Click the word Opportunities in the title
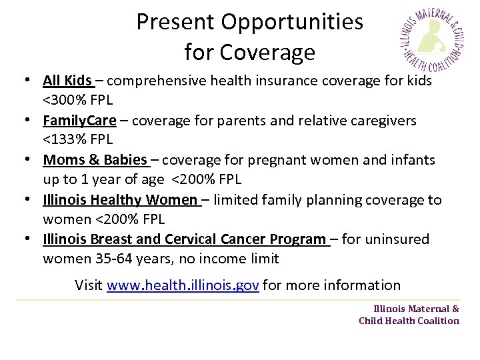point(293,22)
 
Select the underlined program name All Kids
point(67,81)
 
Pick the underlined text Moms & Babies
point(94,160)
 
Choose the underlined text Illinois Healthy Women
point(120,199)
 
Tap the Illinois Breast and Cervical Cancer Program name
point(185,239)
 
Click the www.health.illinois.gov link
point(183,286)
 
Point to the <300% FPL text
point(78,101)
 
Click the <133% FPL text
point(78,140)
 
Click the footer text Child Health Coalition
point(409,321)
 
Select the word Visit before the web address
point(89,286)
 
